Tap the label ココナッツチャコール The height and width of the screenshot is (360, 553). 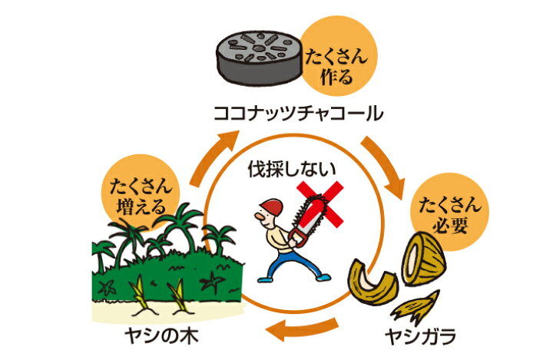pyautogui.click(x=297, y=115)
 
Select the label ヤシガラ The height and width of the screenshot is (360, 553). pyautogui.click(x=419, y=335)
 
